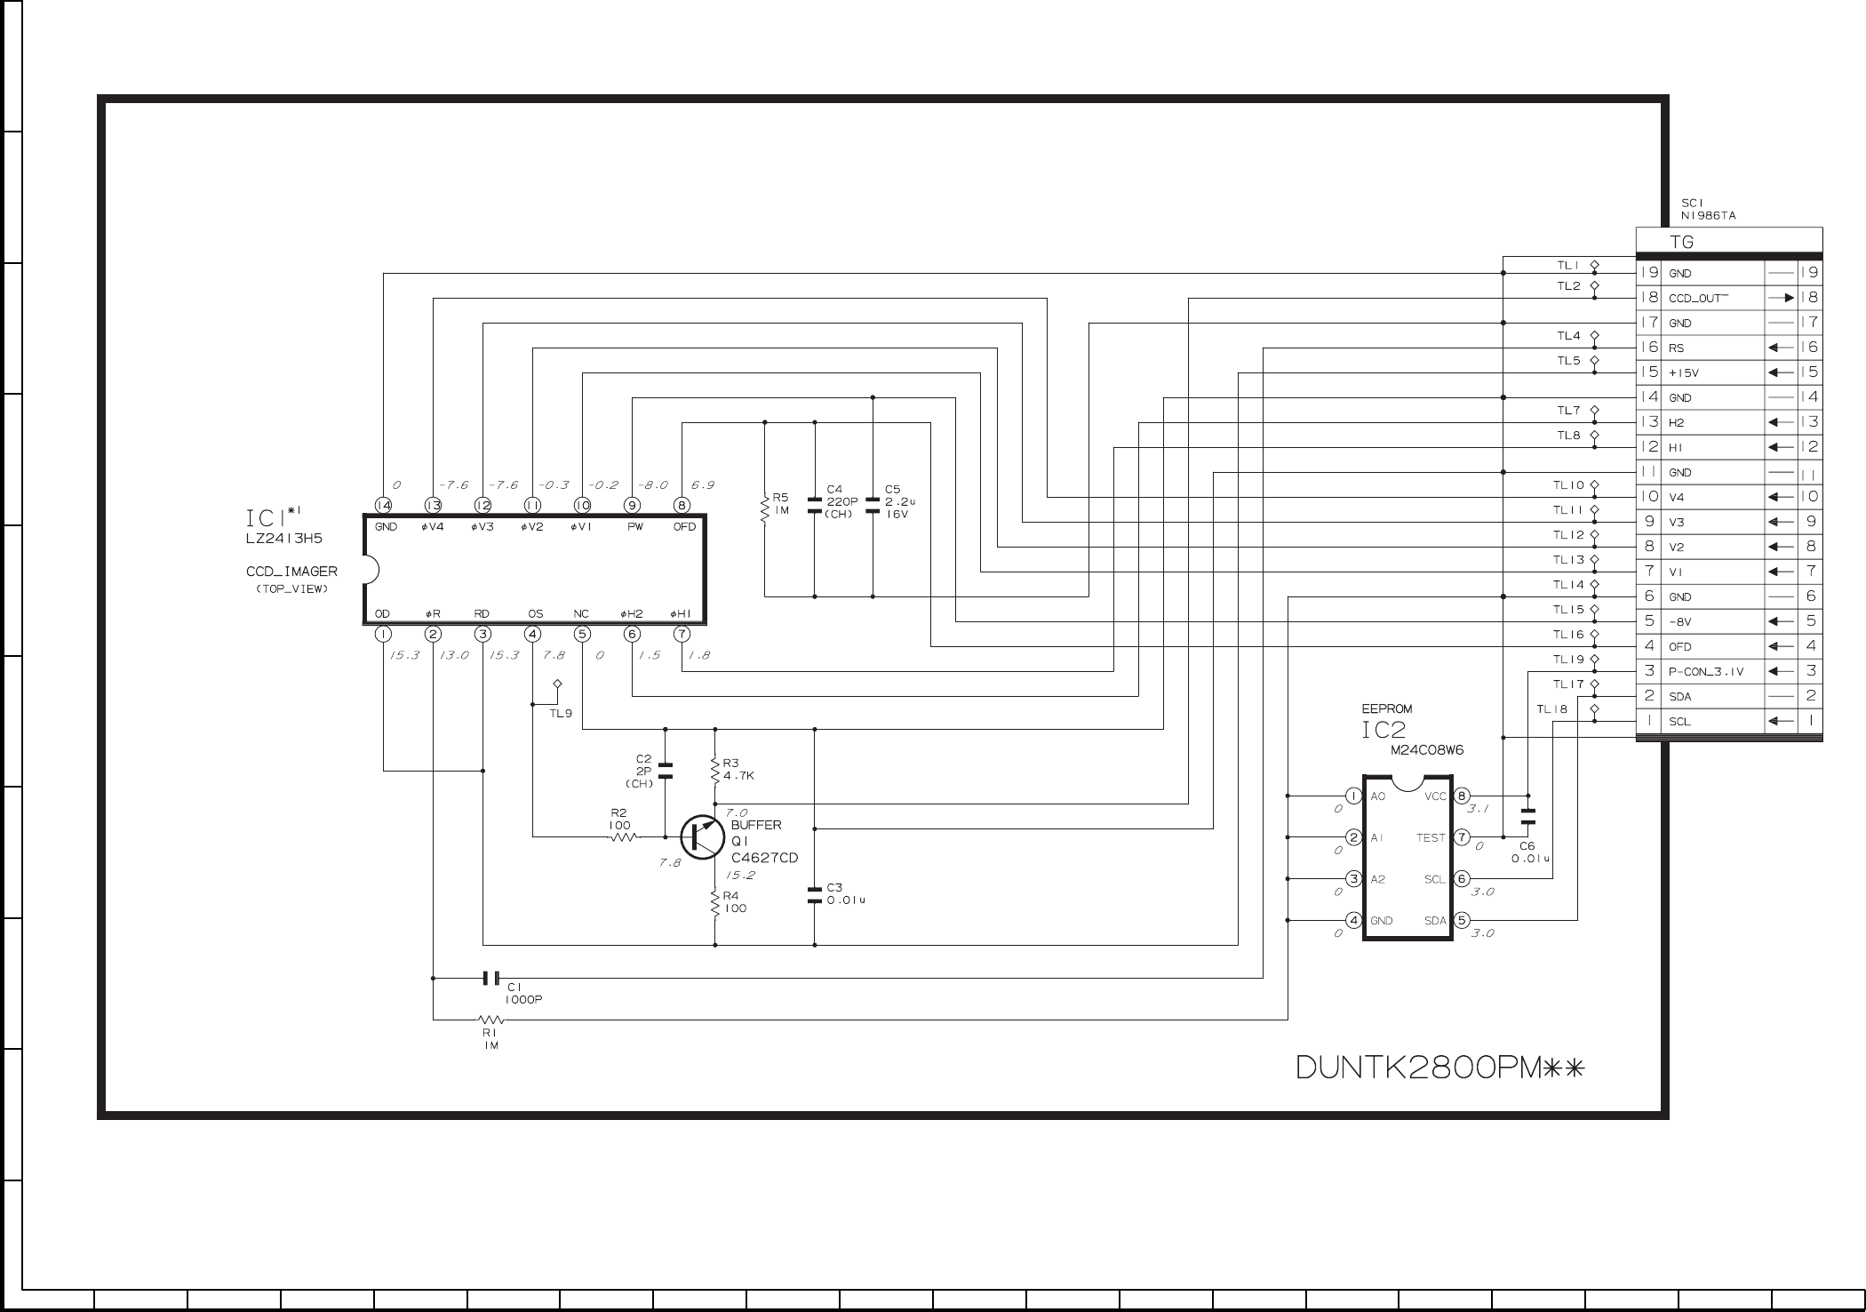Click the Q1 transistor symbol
(702, 837)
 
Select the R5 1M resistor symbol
(765, 509)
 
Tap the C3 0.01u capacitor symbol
(815, 894)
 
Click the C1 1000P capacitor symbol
(490, 979)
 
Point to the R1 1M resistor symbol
(490, 1020)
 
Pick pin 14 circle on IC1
(383, 505)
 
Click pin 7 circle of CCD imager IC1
(682, 635)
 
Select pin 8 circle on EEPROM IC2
(1462, 796)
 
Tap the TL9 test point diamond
(557, 684)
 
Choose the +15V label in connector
(1684, 372)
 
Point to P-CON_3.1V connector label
(1706, 671)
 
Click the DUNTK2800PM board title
(1440, 1067)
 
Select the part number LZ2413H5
(284, 539)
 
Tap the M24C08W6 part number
(1427, 750)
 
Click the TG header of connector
(1682, 242)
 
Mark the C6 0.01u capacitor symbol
(1528, 816)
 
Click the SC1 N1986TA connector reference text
(1708, 209)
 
